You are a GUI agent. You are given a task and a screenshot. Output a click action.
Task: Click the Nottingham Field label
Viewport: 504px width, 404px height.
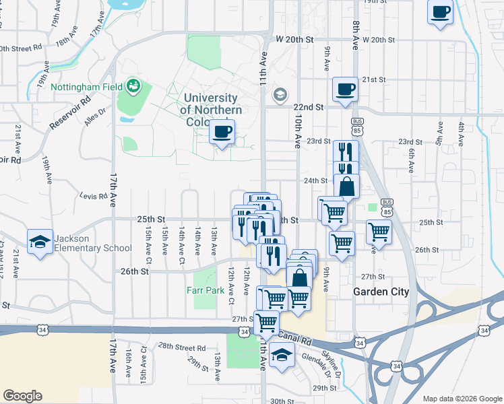88,88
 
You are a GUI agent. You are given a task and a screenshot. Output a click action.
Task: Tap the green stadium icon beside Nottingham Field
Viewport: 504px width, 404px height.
135,86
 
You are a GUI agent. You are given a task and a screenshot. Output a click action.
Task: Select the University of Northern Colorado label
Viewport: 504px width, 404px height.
211,110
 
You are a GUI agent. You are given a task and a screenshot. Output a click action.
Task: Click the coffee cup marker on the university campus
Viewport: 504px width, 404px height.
222,133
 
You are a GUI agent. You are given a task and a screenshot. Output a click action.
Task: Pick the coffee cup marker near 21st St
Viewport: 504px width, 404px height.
346,90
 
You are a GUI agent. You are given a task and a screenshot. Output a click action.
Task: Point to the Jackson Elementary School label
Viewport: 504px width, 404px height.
94,242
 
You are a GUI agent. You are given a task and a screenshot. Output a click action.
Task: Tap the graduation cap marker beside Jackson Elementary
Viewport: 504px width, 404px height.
40,242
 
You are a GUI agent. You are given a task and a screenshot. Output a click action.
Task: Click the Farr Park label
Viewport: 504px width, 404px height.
205,291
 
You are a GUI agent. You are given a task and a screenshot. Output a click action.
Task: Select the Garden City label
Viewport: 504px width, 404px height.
381,292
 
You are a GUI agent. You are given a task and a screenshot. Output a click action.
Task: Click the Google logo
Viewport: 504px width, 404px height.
22,396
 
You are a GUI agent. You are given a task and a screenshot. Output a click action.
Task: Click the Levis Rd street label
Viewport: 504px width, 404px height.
94,197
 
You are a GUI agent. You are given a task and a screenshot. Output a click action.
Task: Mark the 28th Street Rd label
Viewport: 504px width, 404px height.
182,347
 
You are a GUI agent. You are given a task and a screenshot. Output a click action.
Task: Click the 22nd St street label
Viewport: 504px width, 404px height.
309,107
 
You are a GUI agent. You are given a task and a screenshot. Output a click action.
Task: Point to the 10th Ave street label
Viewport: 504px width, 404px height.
297,131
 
